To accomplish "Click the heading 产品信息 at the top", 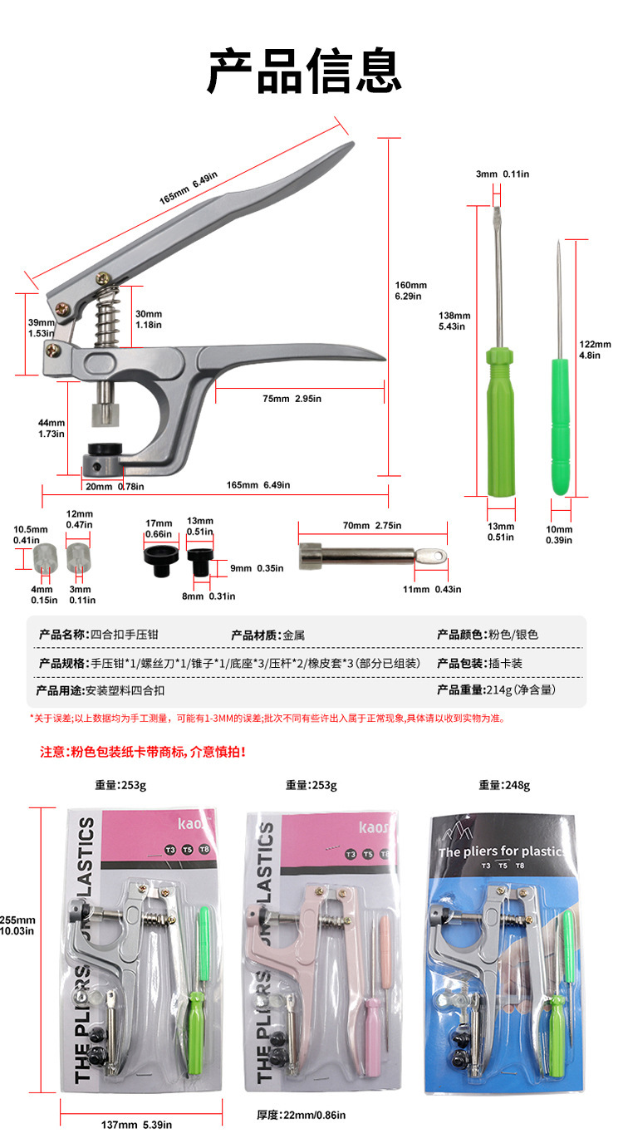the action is pos(304,71).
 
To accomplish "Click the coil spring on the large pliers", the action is pos(107,320).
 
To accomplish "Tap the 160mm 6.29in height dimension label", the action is pos(410,291).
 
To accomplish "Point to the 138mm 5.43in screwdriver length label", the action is pos(454,321).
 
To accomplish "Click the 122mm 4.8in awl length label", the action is pos(595,349).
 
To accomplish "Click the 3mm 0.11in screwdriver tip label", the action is pos(503,174).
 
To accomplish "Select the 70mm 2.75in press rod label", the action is pos(372,526).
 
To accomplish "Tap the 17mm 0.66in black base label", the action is pos(159,527).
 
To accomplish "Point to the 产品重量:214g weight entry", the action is pos(496,690).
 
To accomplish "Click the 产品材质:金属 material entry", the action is pos(267,635).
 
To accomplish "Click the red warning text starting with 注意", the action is pos(143,752).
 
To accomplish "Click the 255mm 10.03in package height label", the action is pos(17,925).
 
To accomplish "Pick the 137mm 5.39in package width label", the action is pos(137,1125).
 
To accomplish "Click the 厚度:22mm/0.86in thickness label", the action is pos(301,1115).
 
